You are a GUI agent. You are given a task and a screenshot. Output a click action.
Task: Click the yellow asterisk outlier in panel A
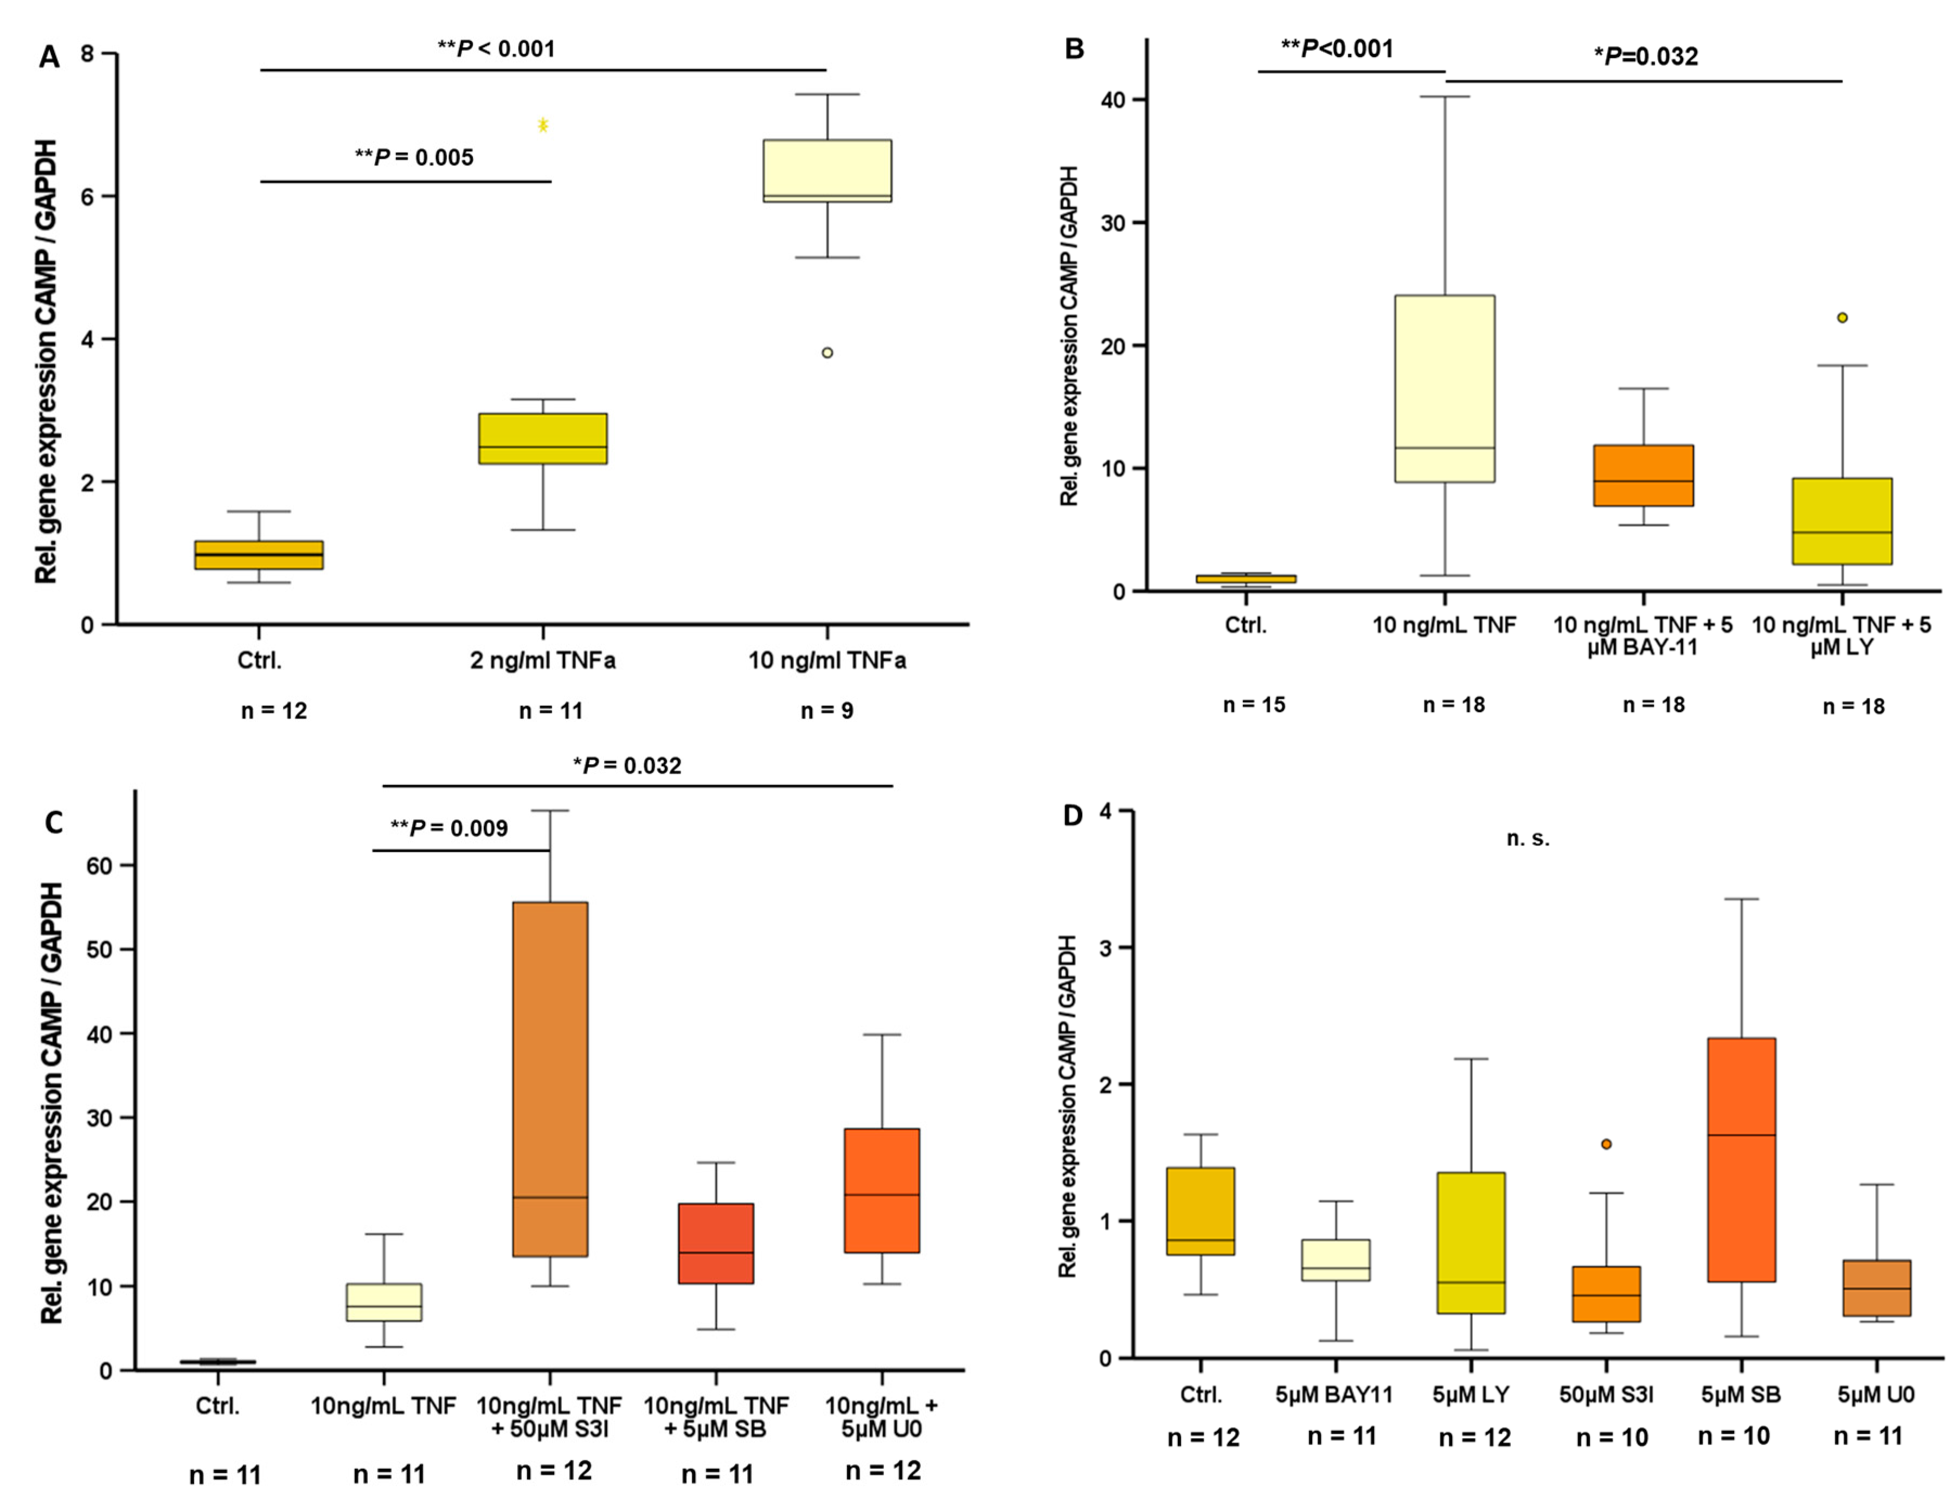coord(542,125)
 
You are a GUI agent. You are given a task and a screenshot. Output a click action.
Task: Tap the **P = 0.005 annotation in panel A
coord(414,157)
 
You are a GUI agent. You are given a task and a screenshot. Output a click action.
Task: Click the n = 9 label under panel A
coord(826,711)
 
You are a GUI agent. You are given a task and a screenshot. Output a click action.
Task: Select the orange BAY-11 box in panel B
coord(1644,476)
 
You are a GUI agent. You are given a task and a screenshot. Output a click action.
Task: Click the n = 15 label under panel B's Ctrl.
coord(1253,705)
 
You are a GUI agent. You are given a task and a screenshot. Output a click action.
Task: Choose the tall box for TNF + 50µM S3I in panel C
coord(550,1079)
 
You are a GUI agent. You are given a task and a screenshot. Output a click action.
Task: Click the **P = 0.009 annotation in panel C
coord(450,828)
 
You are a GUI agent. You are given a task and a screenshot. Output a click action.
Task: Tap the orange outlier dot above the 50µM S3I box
coord(1606,1144)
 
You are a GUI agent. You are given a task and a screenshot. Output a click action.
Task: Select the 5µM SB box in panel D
coord(1741,1160)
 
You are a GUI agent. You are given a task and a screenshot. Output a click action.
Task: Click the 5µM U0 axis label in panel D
coord(1875,1395)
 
